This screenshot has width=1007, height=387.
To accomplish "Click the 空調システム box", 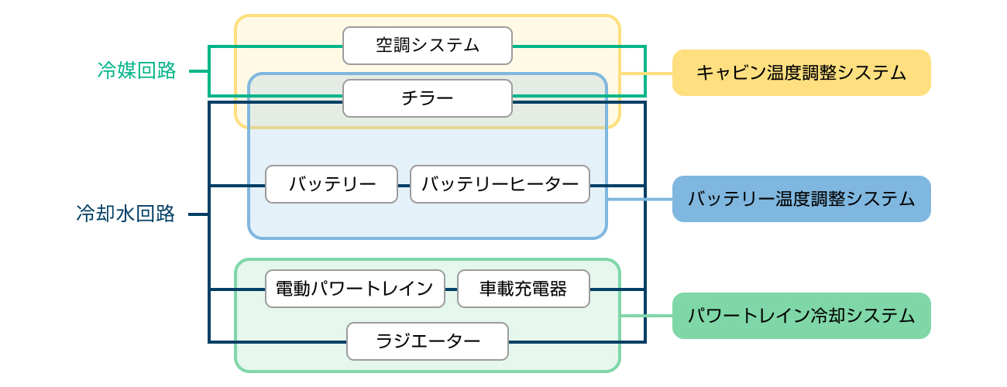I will coord(428,46).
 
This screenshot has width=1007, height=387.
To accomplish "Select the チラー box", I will coord(428,98).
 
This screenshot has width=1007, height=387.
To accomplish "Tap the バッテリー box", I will coord(332,184).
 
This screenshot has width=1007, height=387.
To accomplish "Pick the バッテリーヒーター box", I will coord(500,184).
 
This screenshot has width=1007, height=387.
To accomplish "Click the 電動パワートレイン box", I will coord(355,289).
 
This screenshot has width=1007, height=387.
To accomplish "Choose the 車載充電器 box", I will coord(524,289).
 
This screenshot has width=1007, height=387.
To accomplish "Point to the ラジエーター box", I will coord(428,341).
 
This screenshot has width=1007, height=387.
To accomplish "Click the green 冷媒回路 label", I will coord(137,71).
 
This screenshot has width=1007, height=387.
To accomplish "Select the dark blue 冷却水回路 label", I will coord(126,214).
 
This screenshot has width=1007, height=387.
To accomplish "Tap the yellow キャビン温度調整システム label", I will coord(801,73).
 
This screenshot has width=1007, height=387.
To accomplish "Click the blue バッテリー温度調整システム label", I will coord(801,199).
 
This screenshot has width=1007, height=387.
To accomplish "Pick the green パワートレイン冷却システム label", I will coord(801,316).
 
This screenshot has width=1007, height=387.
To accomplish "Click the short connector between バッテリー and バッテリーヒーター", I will coord(404,186).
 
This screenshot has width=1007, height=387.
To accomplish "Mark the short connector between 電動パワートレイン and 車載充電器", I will coord(452,289).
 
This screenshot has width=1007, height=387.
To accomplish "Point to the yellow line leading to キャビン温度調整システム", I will coord(647,73).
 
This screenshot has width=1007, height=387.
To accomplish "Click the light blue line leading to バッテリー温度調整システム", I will coord(640,199).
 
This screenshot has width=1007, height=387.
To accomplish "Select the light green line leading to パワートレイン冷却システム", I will coord(647,316).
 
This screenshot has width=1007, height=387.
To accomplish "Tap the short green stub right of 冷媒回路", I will coord(199,72).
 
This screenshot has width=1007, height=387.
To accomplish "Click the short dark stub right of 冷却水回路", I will coord(198,214).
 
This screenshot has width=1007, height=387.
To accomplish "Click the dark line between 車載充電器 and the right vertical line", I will coord(617,289).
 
